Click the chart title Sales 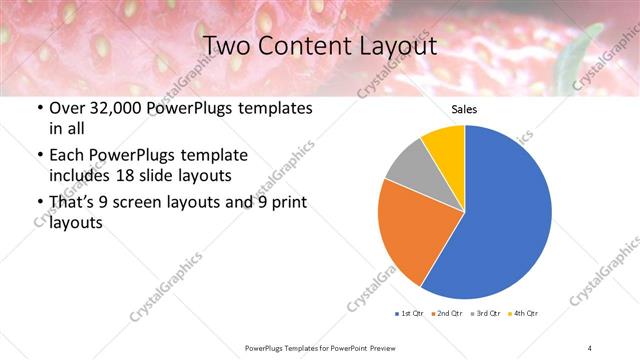pos(464,109)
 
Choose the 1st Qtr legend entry pos(409,314)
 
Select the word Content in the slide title pos(302,46)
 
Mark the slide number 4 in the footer pos(590,347)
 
